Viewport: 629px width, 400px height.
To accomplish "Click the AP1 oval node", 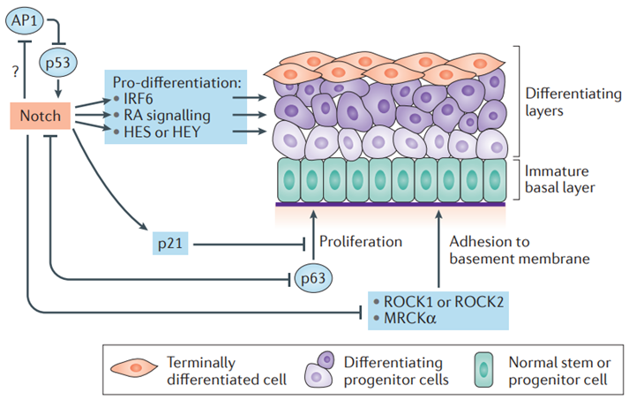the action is point(25,20).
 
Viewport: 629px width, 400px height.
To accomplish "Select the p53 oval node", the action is point(58,63).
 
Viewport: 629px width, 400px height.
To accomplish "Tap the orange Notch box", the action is point(40,116).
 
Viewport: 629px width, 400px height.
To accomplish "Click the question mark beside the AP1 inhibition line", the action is point(15,72).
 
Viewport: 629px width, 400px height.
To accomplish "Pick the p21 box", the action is point(170,244).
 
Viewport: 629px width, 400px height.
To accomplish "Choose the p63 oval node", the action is point(313,278).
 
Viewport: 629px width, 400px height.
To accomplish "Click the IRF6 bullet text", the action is point(138,98).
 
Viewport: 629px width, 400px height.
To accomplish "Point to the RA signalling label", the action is point(167,116).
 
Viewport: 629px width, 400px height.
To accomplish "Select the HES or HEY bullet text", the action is point(161,132).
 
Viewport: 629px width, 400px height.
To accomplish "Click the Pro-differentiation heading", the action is point(177,82).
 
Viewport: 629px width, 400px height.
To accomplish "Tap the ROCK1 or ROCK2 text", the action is point(443,302).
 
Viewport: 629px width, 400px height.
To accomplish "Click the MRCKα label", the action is point(409,319).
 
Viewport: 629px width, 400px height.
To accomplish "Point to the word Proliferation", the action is point(361,241).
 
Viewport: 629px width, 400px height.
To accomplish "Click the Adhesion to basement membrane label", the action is point(520,250).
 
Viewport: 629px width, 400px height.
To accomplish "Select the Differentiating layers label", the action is point(573,102).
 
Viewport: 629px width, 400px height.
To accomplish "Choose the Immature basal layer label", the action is point(559,179).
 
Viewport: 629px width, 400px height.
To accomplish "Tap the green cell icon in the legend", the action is point(483,370).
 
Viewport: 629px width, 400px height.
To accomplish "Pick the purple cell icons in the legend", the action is point(319,369).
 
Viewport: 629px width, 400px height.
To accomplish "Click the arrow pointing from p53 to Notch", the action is point(58,88).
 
